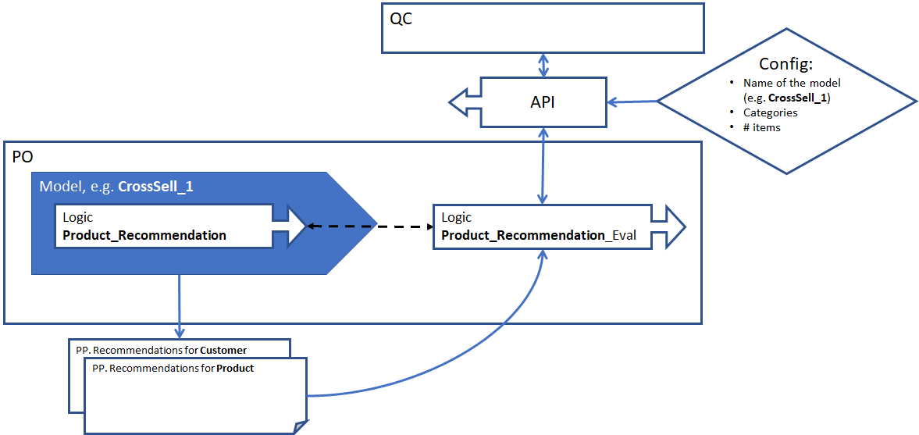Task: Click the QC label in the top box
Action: coord(401,19)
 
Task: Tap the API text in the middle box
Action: coord(543,102)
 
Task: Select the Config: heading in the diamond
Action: coord(787,64)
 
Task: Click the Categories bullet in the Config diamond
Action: coord(770,112)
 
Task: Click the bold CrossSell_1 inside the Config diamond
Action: coord(797,98)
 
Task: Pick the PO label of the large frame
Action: coord(23,157)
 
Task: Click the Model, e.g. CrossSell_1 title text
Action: coord(116,187)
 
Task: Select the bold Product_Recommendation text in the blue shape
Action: coord(144,235)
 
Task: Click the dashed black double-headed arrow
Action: coord(370,226)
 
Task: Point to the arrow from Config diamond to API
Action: coord(632,102)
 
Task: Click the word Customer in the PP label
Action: coord(223,350)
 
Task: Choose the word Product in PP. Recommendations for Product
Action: coord(235,368)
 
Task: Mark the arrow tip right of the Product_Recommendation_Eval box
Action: coord(676,226)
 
